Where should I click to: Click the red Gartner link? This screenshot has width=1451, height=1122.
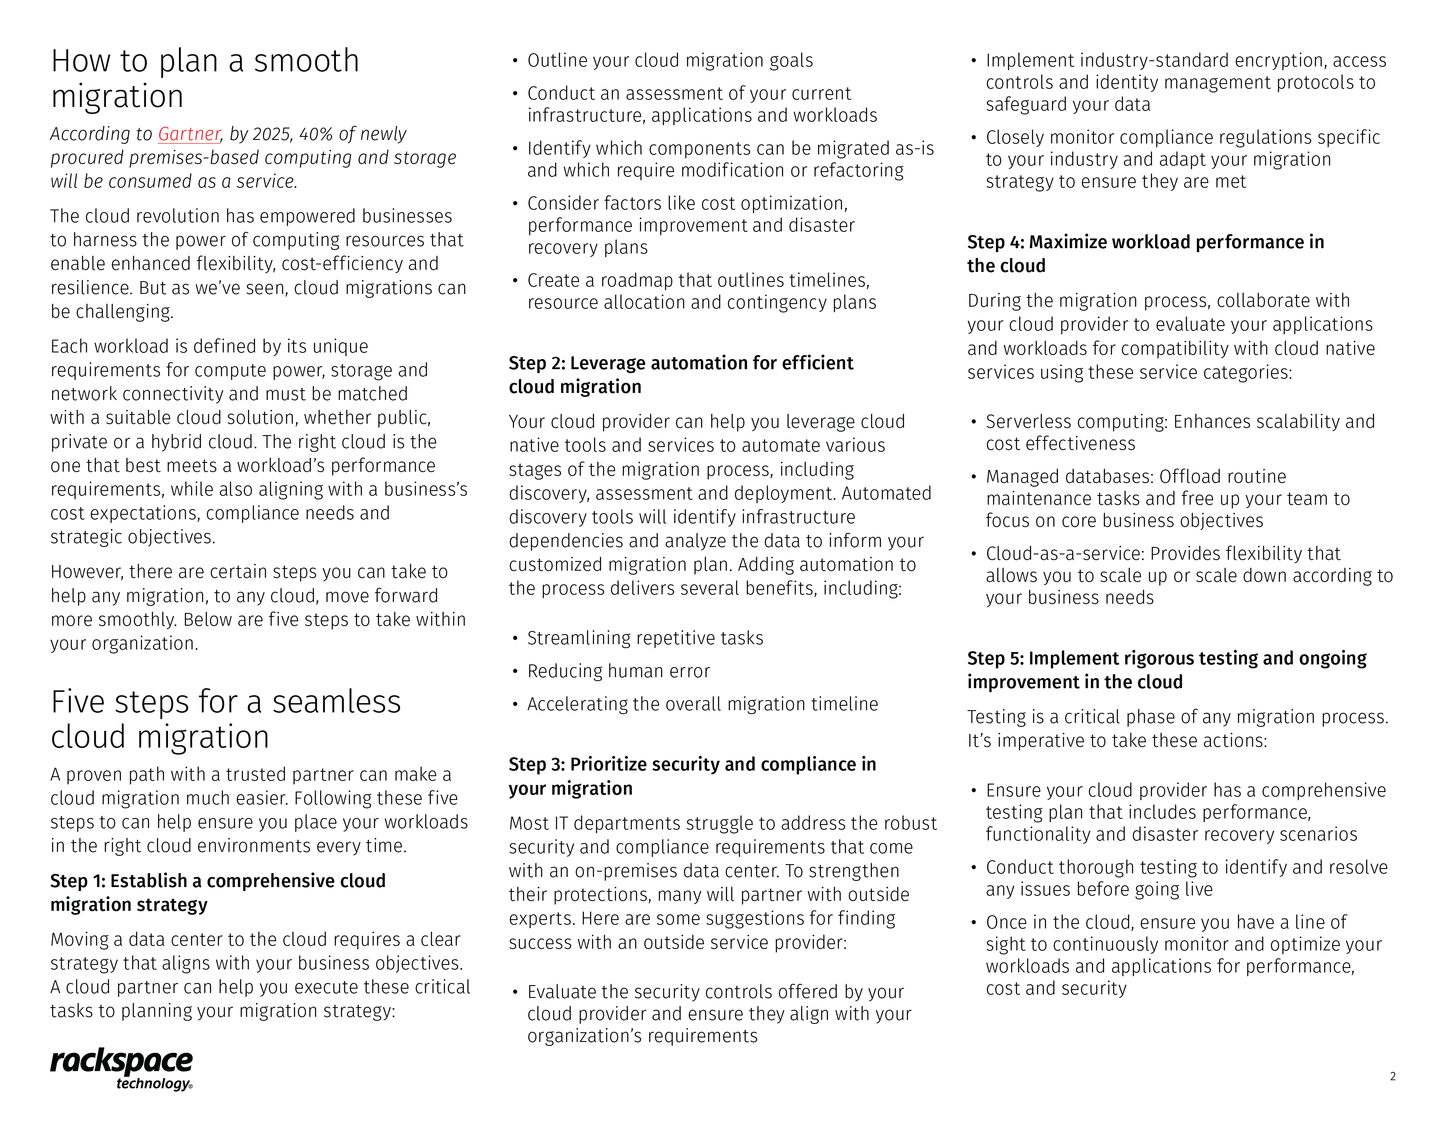tap(189, 134)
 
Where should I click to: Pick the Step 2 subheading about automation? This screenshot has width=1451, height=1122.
tap(681, 374)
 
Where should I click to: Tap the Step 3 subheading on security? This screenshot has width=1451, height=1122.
tap(692, 776)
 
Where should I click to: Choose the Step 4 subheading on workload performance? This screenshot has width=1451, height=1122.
tap(1145, 253)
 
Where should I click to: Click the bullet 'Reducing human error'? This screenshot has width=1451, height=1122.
tap(619, 671)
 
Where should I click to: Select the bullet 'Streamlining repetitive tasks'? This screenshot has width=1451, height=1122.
tap(645, 638)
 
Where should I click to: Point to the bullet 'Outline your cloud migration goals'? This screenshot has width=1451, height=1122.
tap(670, 60)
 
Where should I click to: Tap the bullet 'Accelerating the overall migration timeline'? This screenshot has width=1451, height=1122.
tap(702, 704)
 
